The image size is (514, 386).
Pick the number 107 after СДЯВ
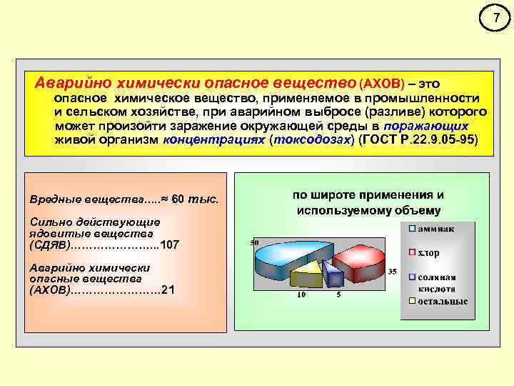pyautogui.click(x=170, y=244)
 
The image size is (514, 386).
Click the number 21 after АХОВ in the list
pyautogui.click(x=168, y=289)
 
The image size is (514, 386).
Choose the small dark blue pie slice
pyautogui.click(x=329, y=272)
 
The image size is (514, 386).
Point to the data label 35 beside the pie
pyautogui.click(x=392, y=272)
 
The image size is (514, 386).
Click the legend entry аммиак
pyautogui.click(x=438, y=229)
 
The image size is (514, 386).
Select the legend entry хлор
pyautogui.click(x=429, y=252)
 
